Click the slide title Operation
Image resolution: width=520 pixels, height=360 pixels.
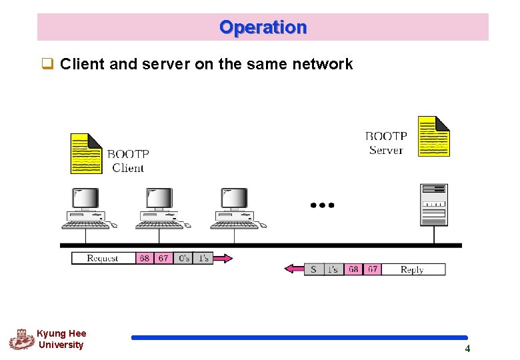263,27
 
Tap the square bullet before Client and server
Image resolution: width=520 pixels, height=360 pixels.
47,65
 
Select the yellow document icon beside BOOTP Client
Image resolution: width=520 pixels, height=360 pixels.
86,153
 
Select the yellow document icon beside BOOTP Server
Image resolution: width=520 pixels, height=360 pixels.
433,136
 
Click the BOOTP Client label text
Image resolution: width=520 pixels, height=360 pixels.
128,161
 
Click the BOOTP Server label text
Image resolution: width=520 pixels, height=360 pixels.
386,143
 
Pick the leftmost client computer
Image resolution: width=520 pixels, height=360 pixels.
86,208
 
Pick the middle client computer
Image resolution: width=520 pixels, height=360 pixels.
160,208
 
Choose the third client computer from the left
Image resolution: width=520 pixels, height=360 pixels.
235,208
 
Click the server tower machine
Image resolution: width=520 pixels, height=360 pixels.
433,205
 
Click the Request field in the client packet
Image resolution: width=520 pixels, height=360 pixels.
103,258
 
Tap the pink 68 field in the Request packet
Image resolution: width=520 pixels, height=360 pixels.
144,258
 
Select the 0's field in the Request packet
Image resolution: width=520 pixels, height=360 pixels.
184,258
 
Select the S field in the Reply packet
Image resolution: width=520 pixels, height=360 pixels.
313,269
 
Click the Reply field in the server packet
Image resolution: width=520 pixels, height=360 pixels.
412,269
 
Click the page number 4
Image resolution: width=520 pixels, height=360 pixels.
467,349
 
